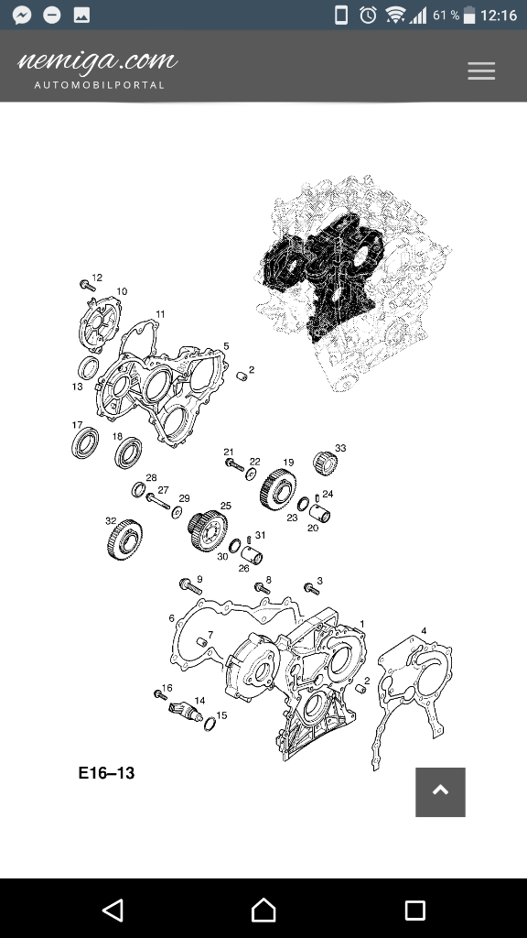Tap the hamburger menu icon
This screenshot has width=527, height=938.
[x=481, y=71]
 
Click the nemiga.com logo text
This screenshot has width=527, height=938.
[x=97, y=60]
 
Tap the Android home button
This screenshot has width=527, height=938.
[x=263, y=910]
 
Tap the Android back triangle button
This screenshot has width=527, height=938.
[x=113, y=910]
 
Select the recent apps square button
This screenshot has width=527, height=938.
[x=414, y=910]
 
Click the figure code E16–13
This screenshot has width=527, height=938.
[x=106, y=773]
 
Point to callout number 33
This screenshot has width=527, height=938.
[x=340, y=447]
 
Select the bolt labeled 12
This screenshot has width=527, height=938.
[x=88, y=286]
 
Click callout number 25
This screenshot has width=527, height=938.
[x=225, y=506]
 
